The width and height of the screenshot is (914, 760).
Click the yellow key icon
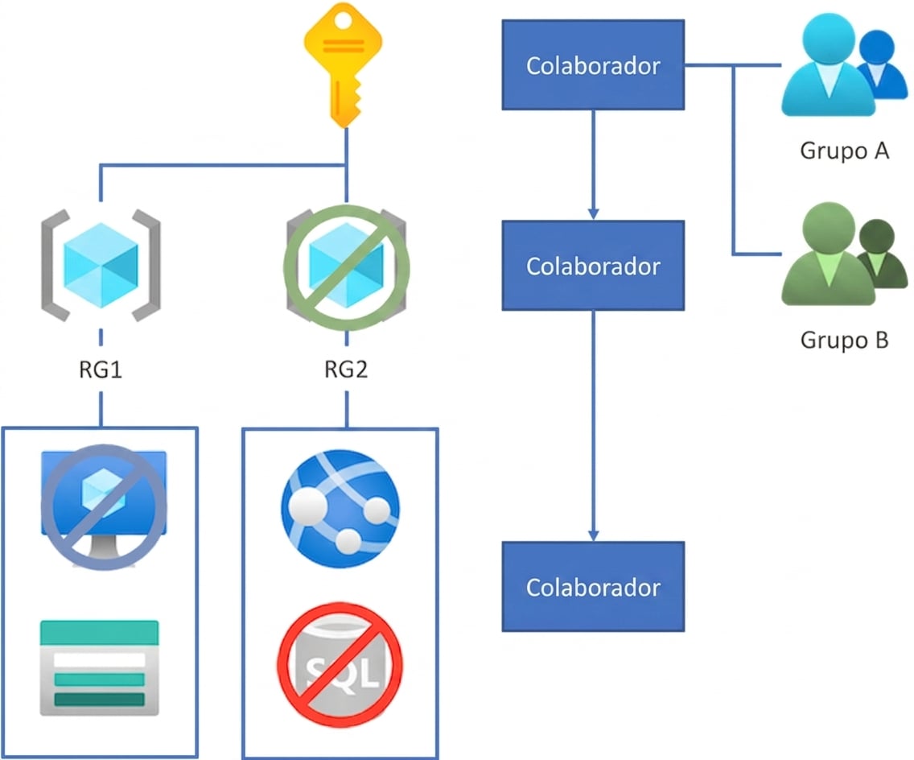tap(344, 64)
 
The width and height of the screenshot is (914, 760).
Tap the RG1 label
tap(101, 370)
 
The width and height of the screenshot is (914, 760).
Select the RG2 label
tap(346, 370)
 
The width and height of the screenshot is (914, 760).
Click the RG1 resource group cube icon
tap(101, 266)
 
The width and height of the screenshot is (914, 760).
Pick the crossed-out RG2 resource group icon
tap(347, 267)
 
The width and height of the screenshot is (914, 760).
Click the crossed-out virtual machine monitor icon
tap(104, 506)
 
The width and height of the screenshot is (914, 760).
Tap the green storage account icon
tap(100, 668)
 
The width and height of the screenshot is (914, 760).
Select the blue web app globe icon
tap(340, 509)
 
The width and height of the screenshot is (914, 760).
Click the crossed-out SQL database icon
tap(340, 665)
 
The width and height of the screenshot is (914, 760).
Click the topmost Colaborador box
tap(594, 64)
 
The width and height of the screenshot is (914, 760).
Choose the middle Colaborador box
tap(594, 266)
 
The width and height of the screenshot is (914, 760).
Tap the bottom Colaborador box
tap(594, 587)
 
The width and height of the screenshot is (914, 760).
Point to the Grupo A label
tap(845, 151)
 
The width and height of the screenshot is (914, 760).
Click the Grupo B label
tap(845, 340)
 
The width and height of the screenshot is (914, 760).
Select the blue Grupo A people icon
tap(845, 64)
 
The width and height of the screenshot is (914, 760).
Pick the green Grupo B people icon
tap(845, 254)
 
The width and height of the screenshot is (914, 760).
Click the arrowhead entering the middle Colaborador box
tap(594, 214)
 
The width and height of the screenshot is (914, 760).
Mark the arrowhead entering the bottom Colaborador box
tap(594, 535)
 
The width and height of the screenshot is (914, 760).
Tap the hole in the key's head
tap(344, 21)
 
